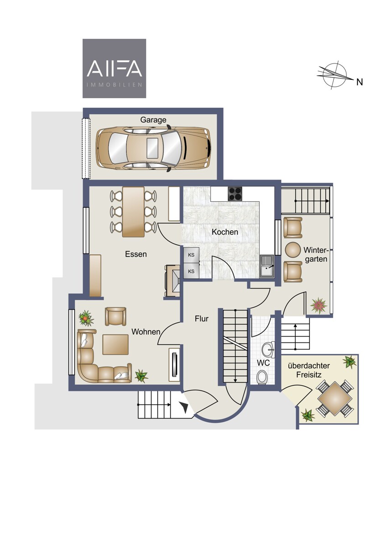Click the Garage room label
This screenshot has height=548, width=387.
(x=153, y=120)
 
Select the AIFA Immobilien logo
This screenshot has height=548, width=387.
(x=114, y=68)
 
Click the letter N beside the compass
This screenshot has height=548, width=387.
(x=359, y=82)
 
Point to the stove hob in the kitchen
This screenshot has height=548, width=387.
(x=235, y=194)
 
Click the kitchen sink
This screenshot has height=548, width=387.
(x=267, y=266)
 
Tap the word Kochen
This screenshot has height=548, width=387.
(x=225, y=232)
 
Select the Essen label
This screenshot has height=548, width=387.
(x=136, y=254)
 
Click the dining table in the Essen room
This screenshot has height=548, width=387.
(x=133, y=212)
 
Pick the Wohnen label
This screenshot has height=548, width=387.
(x=146, y=332)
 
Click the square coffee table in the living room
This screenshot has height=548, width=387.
(x=115, y=345)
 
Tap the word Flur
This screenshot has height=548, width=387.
(x=202, y=319)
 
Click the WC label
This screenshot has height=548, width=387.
(x=263, y=363)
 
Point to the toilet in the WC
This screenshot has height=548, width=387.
(x=262, y=378)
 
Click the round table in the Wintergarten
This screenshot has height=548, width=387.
(x=293, y=250)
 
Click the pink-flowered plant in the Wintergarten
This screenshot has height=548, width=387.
(x=319, y=305)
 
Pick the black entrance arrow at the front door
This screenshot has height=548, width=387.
(x=186, y=406)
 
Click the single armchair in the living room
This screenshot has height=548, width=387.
(x=115, y=316)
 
